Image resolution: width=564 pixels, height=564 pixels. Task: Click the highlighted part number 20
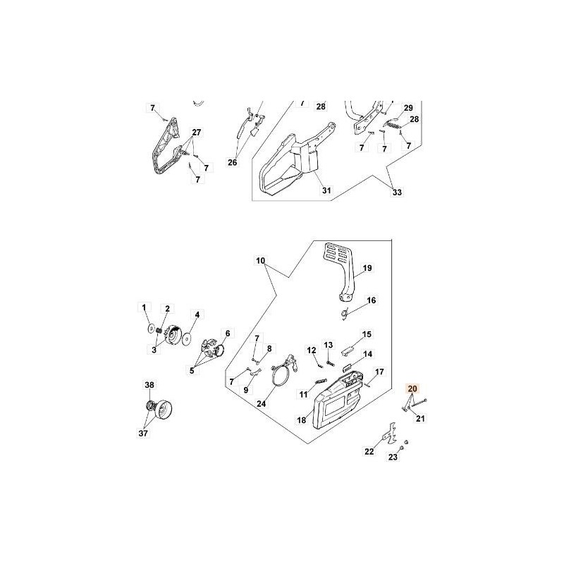pyautogui.click(x=412, y=388)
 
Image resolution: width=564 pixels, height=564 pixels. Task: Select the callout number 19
pyautogui.click(x=367, y=269)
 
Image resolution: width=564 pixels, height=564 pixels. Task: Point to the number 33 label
pyautogui.click(x=396, y=192)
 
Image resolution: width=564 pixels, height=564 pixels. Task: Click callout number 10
pyautogui.click(x=261, y=261)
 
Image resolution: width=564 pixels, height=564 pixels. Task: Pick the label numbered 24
pyautogui.click(x=262, y=404)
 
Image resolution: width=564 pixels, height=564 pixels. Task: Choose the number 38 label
pyautogui.click(x=149, y=385)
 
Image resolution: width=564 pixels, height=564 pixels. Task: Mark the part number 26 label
pyautogui.click(x=233, y=163)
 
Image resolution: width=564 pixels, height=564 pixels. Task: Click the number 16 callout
pyautogui.click(x=372, y=300)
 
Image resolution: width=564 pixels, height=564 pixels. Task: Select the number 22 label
pyautogui.click(x=369, y=452)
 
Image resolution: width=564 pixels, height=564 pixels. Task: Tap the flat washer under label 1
pyautogui.click(x=151, y=329)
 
